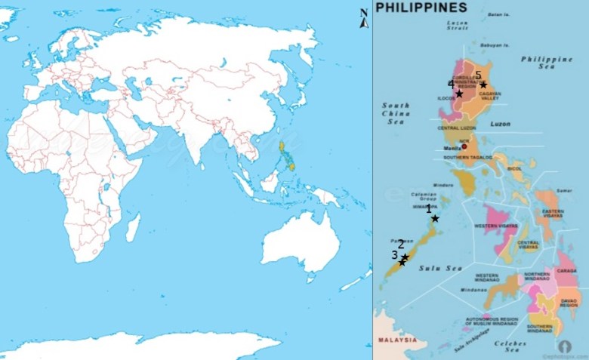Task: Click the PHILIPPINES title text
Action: tap(421, 8)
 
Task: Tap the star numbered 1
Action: tap(435, 218)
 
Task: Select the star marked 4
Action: tap(459, 94)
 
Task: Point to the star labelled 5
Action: tap(483, 85)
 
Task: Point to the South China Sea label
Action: tap(395, 113)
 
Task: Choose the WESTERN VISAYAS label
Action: tap(496, 226)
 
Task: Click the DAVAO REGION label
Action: tap(568, 303)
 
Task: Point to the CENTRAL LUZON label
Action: tap(456, 128)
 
